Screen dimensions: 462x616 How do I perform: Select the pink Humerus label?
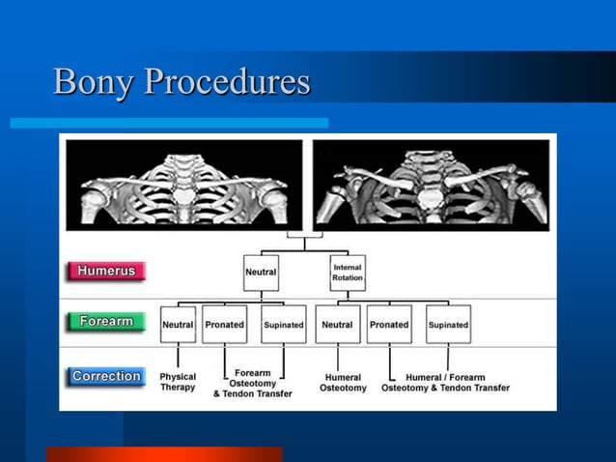pyautogui.click(x=106, y=272)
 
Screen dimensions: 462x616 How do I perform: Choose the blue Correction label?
pyautogui.click(x=106, y=376)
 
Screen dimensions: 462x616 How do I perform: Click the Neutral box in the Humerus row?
pyautogui.click(x=260, y=273)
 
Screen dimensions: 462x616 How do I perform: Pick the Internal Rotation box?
pyautogui.click(x=347, y=273)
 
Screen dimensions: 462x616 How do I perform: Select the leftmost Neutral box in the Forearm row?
pyautogui.click(x=178, y=326)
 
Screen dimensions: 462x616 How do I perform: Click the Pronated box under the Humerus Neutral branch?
pyautogui.click(x=224, y=326)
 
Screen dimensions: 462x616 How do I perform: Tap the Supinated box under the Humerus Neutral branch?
pyautogui.click(x=283, y=326)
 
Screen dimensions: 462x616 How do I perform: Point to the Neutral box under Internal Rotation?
pyautogui.click(x=337, y=326)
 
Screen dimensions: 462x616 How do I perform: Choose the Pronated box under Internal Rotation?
pyautogui.click(x=388, y=326)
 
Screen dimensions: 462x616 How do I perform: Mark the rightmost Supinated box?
pyautogui.click(x=448, y=326)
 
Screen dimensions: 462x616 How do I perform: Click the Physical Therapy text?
pyautogui.click(x=178, y=382)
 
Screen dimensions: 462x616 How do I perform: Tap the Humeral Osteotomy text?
pyautogui.click(x=343, y=383)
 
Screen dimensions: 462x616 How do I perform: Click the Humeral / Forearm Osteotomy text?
pyautogui.click(x=445, y=383)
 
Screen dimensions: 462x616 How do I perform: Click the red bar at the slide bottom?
pyautogui.click(x=164, y=453)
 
